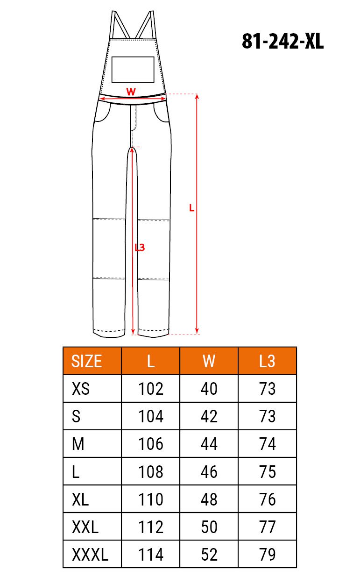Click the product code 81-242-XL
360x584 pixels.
(x=282, y=42)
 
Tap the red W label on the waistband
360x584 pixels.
(x=131, y=92)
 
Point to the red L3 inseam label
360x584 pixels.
(x=140, y=248)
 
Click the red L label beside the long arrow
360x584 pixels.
(x=192, y=208)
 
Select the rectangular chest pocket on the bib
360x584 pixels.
(x=133, y=69)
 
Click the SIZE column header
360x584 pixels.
(x=86, y=361)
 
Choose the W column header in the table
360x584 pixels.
(x=209, y=361)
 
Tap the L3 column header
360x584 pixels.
(x=267, y=361)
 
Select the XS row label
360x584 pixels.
(x=81, y=389)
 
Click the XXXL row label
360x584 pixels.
(x=90, y=555)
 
